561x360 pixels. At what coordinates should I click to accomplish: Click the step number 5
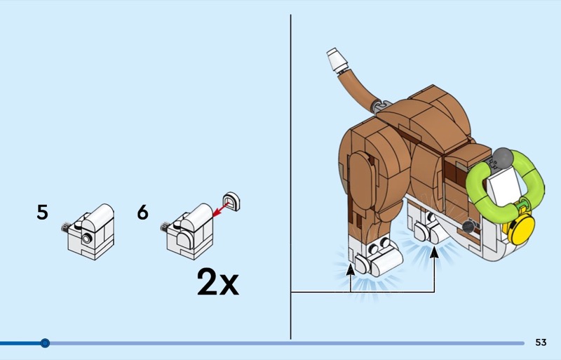[x=43, y=212]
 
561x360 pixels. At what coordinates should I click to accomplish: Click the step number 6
[x=143, y=212]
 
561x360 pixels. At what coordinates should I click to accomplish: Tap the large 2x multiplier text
[x=217, y=282]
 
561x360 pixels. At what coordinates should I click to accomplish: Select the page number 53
[x=541, y=342]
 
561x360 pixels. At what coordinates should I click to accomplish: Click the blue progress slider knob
[x=45, y=343]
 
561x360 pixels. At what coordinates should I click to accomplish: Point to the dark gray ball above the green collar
[x=503, y=157]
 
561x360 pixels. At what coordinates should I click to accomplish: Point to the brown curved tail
[x=356, y=88]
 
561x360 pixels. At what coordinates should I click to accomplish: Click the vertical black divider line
[x=290, y=175]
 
